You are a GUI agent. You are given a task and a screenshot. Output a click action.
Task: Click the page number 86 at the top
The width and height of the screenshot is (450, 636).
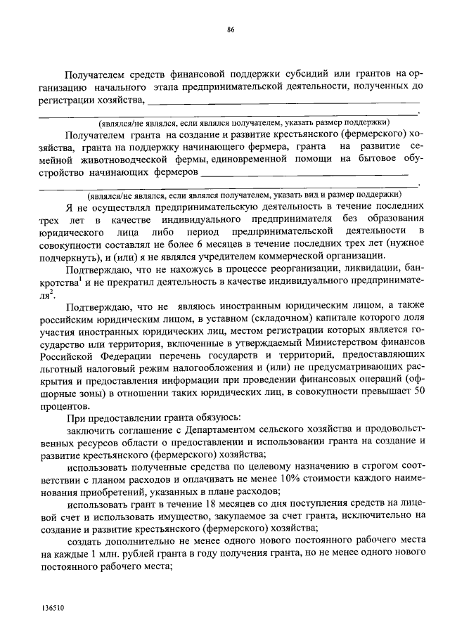coord(230,29)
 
